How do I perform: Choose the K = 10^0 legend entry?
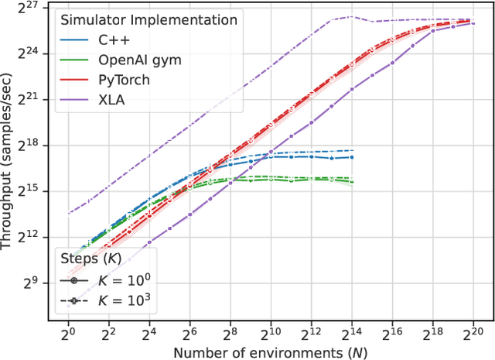116,278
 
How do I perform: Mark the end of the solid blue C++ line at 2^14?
352,157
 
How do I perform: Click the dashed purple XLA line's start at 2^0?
68,213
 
